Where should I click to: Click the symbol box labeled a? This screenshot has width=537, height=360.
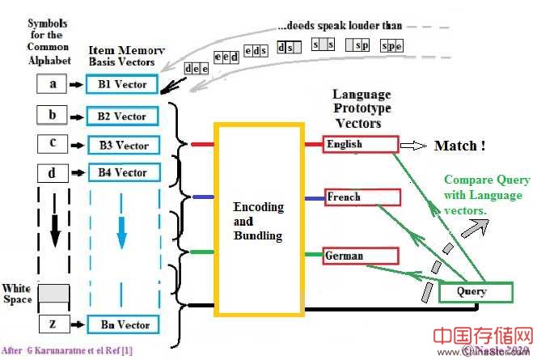click(53, 83)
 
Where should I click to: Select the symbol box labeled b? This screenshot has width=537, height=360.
click(53, 116)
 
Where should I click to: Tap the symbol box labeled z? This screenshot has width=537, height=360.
click(53, 324)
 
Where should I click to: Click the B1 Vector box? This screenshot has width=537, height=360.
click(121, 84)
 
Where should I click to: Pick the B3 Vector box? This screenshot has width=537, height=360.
click(121, 145)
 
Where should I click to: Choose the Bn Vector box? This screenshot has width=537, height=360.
click(121, 324)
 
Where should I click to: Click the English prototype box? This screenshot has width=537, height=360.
click(360, 144)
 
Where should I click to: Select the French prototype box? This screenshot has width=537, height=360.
click(360, 197)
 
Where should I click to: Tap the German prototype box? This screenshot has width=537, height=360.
click(361, 256)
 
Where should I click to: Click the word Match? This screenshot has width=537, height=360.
click(459, 146)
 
